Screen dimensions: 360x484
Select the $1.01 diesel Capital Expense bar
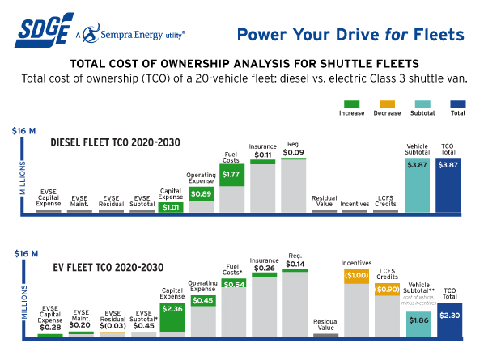[x=171, y=207]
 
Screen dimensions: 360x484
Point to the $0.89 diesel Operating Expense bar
[x=202, y=193]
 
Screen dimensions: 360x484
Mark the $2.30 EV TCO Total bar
[x=448, y=319]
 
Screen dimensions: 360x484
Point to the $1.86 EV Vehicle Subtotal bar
[x=416, y=320]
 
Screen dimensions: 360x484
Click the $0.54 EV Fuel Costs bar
[x=234, y=285]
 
